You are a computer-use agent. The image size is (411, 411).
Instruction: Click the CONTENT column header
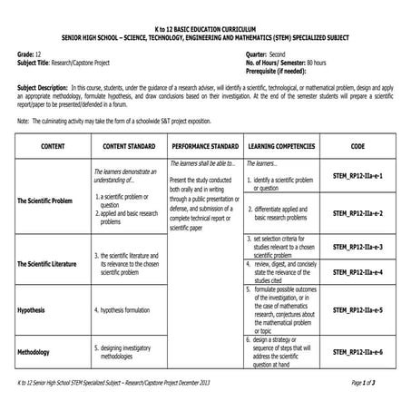[x=46, y=145]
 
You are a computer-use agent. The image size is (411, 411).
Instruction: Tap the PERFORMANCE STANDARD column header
[x=204, y=145]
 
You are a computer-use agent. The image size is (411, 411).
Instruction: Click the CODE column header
[x=358, y=145]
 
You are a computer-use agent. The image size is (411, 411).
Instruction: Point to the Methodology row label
[x=37, y=352]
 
